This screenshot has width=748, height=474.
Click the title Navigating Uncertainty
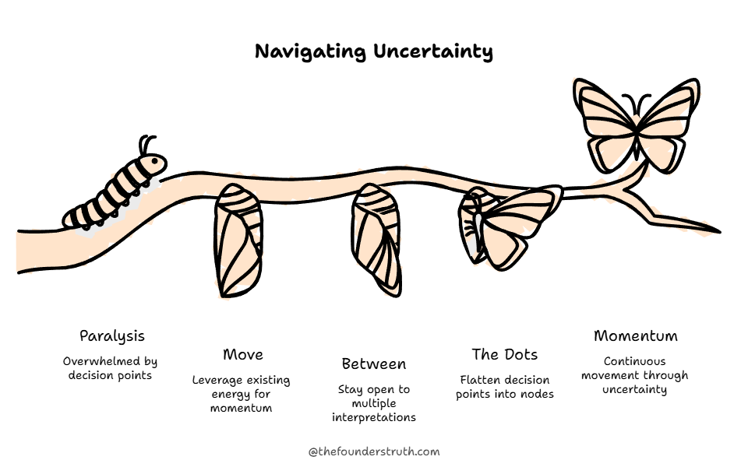[374, 52]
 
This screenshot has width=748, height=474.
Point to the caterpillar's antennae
[146, 143]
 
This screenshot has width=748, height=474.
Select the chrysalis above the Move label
[238, 241]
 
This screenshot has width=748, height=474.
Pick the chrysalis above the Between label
[376, 241]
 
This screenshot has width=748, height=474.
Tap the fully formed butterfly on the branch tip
[636, 125]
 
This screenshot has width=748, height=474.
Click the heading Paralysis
[112, 336]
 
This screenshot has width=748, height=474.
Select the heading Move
[242, 355]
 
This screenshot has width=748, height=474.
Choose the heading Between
[374, 363]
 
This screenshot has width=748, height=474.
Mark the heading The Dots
[504, 355]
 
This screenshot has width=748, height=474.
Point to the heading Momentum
[635, 336]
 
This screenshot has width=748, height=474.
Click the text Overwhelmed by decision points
[110, 368]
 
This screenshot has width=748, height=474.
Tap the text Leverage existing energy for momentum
[242, 394]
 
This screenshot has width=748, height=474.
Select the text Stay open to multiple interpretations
[374, 403]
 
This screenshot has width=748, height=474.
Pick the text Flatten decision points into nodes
[506, 387]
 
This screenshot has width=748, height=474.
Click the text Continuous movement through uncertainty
[635, 375]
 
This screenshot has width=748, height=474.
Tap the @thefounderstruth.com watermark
[374, 451]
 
